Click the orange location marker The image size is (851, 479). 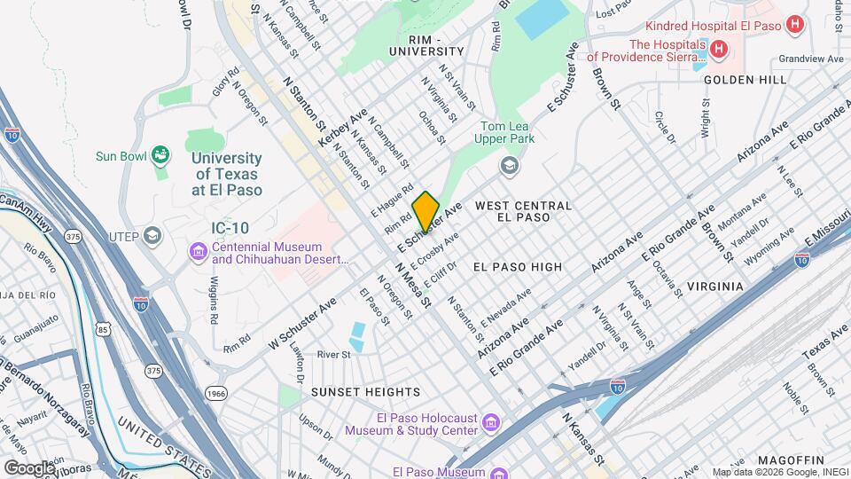tap(425, 211)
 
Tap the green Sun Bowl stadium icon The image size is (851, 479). tap(160, 156)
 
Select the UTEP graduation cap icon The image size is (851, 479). tap(152, 236)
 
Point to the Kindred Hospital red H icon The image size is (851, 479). tap(795, 26)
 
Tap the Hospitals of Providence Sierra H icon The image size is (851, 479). tap(718, 50)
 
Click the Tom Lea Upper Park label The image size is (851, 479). tap(507, 132)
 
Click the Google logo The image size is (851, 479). tap(29, 467)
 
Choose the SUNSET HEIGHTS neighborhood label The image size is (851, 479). tap(365, 391)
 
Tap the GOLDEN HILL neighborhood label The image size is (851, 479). tap(745, 80)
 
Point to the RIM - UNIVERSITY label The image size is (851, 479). tap(425, 46)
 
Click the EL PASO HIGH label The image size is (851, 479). tap(517, 266)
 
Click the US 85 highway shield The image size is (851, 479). tap(105, 331)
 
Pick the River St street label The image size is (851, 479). tap(334, 354)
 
